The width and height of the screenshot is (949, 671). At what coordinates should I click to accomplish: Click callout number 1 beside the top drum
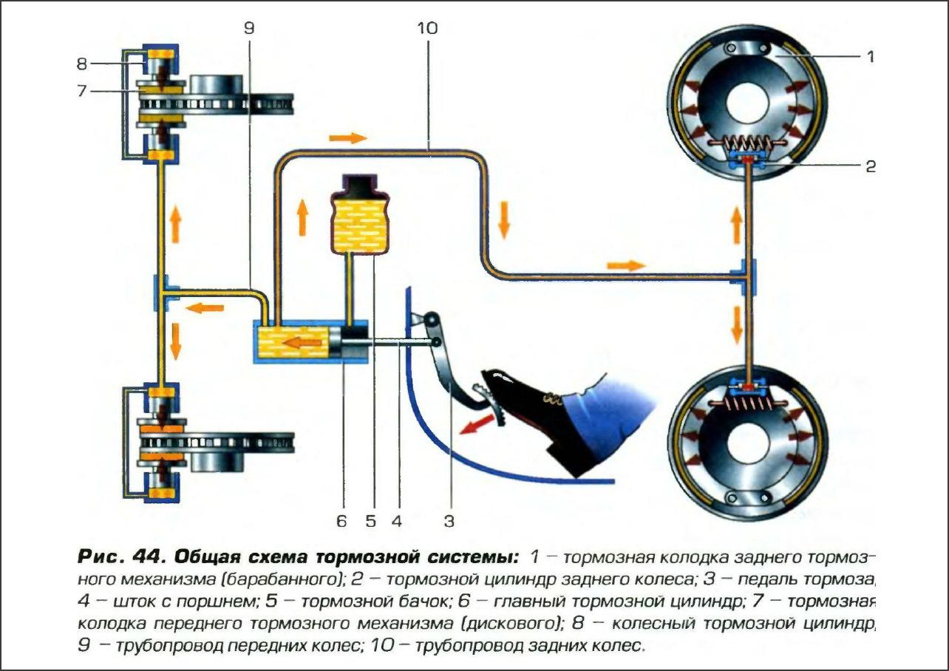[x=870, y=56]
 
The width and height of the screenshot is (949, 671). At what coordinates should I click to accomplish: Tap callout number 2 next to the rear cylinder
[x=870, y=166]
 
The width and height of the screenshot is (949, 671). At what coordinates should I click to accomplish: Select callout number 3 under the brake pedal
[x=448, y=521]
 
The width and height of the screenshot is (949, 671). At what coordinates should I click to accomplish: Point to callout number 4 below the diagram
[x=397, y=521]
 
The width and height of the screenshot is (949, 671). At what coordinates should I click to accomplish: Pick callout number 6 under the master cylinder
[x=341, y=521]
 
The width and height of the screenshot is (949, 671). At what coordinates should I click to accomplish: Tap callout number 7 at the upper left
[x=81, y=90]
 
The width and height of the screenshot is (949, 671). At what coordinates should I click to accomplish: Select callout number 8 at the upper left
[x=81, y=64]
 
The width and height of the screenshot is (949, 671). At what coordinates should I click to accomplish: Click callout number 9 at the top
[x=248, y=29]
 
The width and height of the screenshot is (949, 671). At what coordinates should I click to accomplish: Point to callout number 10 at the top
[x=426, y=29]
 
